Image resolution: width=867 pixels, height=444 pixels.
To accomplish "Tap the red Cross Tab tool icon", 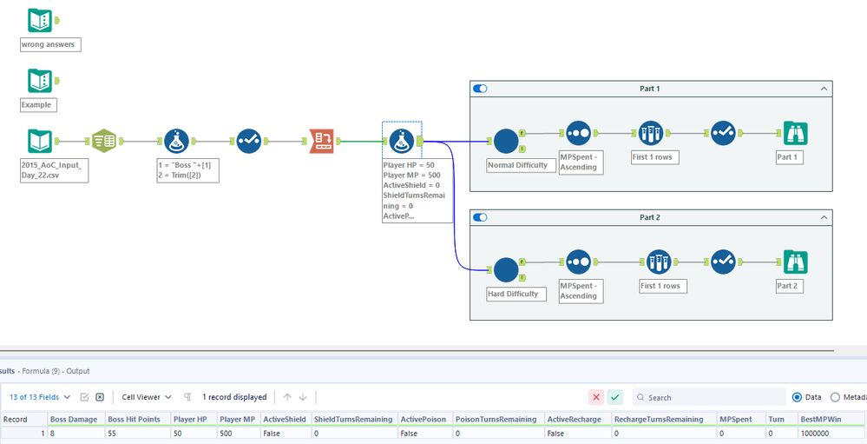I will click(x=322, y=141).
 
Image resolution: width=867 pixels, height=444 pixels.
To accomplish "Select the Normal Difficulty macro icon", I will click(x=505, y=141).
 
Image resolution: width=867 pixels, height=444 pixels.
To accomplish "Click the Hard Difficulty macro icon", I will click(x=505, y=269).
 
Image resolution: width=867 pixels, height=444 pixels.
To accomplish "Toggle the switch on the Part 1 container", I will click(x=480, y=89).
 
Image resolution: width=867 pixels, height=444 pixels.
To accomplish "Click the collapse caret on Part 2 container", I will click(x=824, y=217).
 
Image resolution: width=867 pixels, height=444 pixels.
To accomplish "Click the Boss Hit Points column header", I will click(x=134, y=419).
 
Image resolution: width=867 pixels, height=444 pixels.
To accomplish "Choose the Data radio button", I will click(x=797, y=397).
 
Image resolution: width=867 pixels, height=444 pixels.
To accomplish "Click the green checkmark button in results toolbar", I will click(x=615, y=397).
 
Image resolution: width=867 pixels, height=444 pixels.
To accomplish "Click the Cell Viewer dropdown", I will click(x=146, y=397).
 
